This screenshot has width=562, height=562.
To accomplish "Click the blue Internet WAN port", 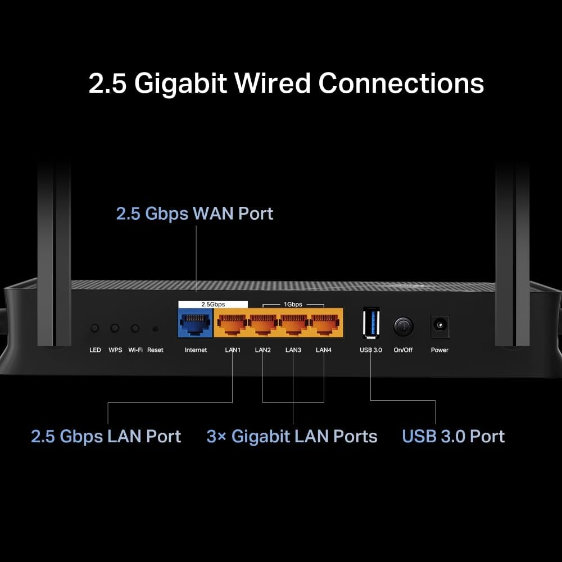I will click(195, 324).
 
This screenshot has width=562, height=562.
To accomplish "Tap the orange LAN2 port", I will click(262, 324).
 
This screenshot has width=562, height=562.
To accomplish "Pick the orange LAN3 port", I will click(293, 324).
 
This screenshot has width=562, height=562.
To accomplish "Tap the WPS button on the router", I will click(115, 328).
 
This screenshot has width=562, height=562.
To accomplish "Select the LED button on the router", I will click(95, 328).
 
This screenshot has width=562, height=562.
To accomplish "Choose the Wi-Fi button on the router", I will click(135, 328).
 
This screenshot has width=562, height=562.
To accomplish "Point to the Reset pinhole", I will click(155, 328).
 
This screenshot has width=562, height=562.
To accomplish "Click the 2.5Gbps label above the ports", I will click(213, 304).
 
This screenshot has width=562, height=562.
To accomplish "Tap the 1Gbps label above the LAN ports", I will click(292, 304).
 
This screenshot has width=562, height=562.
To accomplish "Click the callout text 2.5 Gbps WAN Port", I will click(194, 214).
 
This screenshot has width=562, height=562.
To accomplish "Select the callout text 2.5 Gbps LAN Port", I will click(106, 437).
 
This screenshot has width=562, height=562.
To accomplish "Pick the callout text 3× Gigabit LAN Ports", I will click(292, 437).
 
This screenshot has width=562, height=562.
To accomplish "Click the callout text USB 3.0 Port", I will click(454, 437).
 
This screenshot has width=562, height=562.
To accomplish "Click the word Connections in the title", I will click(401, 83).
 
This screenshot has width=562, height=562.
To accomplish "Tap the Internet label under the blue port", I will click(196, 350).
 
